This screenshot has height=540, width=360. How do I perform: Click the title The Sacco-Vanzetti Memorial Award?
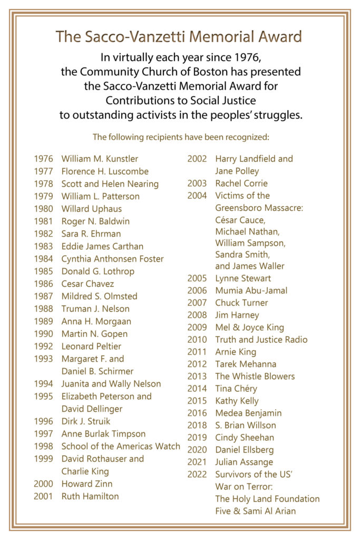[179, 37]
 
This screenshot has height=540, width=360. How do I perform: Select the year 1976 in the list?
[43, 159]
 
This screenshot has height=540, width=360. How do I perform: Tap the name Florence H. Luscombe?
[105, 171]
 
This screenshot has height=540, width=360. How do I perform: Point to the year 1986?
[43, 284]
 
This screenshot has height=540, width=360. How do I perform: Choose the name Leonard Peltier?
[91, 346]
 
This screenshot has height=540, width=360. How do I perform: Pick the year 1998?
[43, 446]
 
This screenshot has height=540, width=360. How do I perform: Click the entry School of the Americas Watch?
[121, 446]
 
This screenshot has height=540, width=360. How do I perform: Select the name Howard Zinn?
[87, 484]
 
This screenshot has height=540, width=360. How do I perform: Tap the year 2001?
[43, 496]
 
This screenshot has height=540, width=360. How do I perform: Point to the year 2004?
[197, 196]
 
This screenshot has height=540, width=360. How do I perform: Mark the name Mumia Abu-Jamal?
[251, 291]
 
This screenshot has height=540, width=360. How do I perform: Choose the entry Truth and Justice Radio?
[261, 340]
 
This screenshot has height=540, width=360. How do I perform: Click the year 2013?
[197, 377]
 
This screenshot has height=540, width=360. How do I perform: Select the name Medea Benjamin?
[248, 413]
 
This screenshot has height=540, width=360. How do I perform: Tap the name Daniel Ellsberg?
[244, 450]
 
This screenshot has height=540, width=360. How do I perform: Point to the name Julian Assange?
[244, 462]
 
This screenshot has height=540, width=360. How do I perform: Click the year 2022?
[197, 475]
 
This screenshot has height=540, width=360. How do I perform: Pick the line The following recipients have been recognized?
[181, 137]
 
